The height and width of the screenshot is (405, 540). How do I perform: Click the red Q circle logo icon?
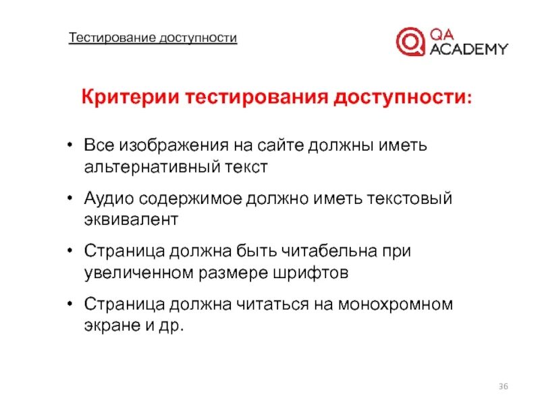410,40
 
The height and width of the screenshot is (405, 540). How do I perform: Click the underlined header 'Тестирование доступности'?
153,38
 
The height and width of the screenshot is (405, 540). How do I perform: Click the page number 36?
503,385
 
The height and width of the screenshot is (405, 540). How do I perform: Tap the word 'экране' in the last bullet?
109,324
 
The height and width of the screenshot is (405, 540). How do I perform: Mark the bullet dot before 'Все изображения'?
71,146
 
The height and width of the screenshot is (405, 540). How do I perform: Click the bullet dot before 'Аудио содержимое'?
71,200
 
